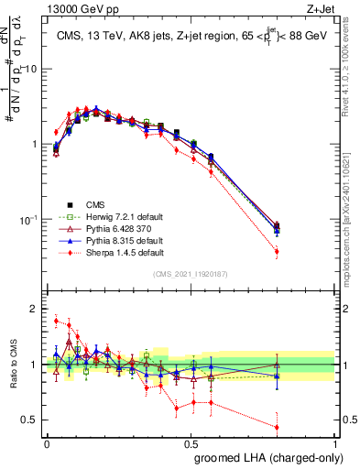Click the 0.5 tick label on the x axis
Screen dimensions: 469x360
point(191,442)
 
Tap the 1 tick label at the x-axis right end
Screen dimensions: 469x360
point(335,442)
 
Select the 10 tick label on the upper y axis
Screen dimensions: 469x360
point(31,70)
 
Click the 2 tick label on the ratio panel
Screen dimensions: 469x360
point(35,310)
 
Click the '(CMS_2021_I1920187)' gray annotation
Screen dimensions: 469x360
point(191,274)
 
